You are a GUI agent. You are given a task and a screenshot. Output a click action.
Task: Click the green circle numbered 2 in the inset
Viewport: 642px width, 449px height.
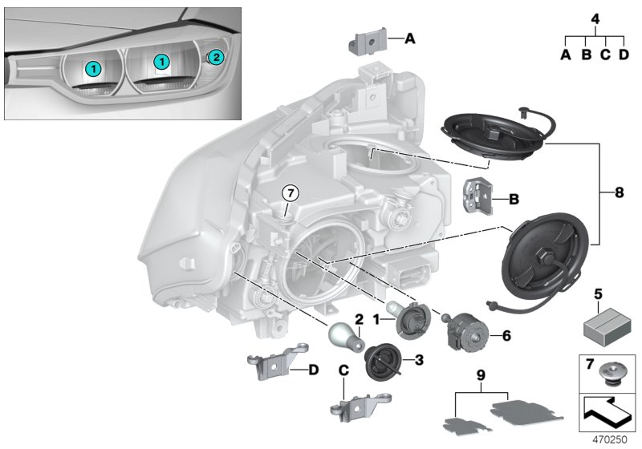tap(215, 56)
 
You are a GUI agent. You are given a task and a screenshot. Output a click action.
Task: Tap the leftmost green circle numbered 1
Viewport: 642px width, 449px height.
tap(95, 69)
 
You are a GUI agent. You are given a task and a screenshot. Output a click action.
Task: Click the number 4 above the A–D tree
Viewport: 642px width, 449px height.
tap(594, 18)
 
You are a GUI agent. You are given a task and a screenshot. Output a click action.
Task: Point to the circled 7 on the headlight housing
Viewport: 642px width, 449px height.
tap(289, 192)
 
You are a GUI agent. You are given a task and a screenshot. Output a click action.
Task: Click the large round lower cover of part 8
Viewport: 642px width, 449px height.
tap(550, 255)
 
